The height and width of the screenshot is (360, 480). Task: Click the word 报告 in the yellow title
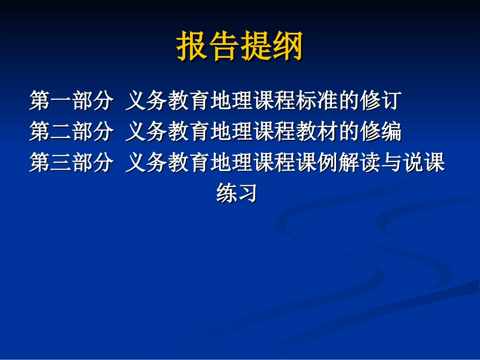pos(208,47)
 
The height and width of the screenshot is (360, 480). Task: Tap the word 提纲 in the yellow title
pos(272,47)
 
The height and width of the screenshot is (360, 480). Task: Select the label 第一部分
pos(70,101)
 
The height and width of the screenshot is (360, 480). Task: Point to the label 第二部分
pos(70,132)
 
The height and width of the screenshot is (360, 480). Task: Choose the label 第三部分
pos(70,163)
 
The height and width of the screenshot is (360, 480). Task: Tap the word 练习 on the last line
pos(236,193)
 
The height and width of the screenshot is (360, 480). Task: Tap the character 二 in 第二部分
pos(60,132)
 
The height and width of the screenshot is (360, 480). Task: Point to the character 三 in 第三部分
pos(60,163)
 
